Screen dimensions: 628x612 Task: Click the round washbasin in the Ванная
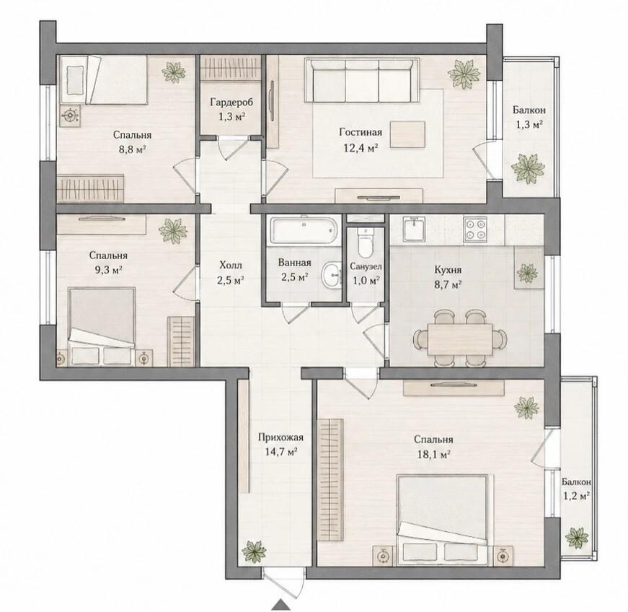[x=331, y=275]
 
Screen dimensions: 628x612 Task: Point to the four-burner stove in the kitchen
[x=475, y=229]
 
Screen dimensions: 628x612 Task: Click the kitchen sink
[x=414, y=229]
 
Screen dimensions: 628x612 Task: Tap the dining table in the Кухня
[x=460, y=339]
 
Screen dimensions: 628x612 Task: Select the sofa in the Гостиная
[x=362, y=81]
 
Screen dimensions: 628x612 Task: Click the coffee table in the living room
[x=407, y=135]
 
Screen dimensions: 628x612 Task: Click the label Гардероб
[x=231, y=102]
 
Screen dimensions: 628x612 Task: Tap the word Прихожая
[x=280, y=437]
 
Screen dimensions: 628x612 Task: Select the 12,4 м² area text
[x=361, y=148]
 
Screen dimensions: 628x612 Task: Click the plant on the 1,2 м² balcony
[x=577, y=537]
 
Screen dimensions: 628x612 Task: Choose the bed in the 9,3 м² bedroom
[x=102, y=326]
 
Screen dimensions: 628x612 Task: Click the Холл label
[x=231, y=265]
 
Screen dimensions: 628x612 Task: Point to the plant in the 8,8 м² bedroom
[x=174, y=71]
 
